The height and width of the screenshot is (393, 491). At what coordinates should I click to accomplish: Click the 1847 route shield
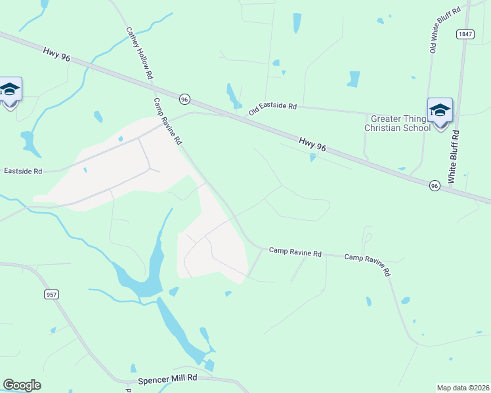(x=465, y=34)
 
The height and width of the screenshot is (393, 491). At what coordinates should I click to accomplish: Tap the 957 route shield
(x=52, y=295)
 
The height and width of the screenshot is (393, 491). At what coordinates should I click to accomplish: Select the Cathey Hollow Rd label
(x=139, y=53)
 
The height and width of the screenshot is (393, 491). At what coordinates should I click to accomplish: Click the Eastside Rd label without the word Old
(x=23, y=171)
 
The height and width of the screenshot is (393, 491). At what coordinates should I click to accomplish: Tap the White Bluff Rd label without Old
(x=452, y=156)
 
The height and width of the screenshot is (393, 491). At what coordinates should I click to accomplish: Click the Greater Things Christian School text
(x=398, y=123)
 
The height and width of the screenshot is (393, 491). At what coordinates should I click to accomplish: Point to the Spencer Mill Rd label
(x=168, y=379)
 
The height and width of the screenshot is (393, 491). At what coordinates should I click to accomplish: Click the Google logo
(x=22, y=385)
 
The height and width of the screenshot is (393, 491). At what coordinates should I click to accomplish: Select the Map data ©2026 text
(x=463, y=387)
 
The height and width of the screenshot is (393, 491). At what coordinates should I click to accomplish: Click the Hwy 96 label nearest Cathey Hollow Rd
(x=58, y=54)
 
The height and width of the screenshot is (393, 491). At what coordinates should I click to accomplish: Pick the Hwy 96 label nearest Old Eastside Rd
(x=312, y=144)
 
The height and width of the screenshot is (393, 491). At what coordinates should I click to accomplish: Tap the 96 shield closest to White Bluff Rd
(x=435, y=186)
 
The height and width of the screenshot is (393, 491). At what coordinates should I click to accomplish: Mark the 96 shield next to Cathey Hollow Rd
(x=185, y=99)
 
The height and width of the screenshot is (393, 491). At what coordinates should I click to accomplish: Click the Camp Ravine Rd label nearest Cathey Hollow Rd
(x=167, y=122)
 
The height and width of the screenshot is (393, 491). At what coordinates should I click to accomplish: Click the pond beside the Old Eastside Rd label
(x=232, y=96)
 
